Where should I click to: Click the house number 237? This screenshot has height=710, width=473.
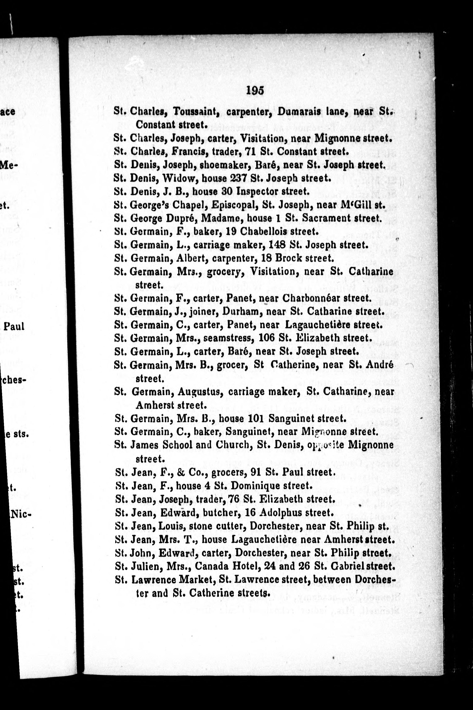coord(239,178)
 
